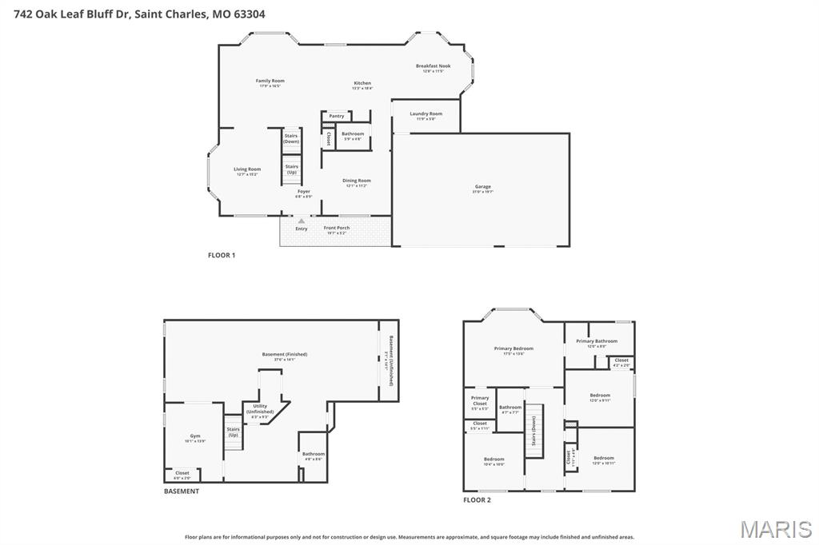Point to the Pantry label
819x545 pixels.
pyautogui.click(x=337, y=116)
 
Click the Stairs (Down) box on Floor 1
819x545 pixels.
pyautogui.click(x=291, y=139)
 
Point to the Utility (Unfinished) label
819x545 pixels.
pyautogui.click(x=260, y=408)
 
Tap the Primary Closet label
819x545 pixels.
pyautogui.click(x=480, y=400)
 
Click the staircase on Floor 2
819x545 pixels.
pyautogui.click(x=533, y=432)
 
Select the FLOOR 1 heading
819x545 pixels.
pyautogui.click(x=222, y=255)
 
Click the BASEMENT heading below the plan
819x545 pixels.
pyautogui.click(x=182, y=491)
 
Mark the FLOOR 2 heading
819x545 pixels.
pyautogui.click(x=477, y=499)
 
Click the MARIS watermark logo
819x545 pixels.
pyautogui.click(x=775, y=529)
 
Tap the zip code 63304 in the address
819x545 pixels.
pyautogui.click(x=249, y=14)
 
